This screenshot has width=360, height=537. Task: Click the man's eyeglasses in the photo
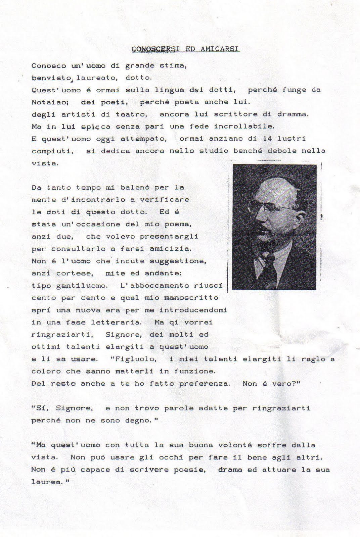click(x=269, y=207)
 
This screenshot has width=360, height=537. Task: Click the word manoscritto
click(x=191, y=298)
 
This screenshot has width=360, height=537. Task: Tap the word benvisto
click(x=51, y=78)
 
